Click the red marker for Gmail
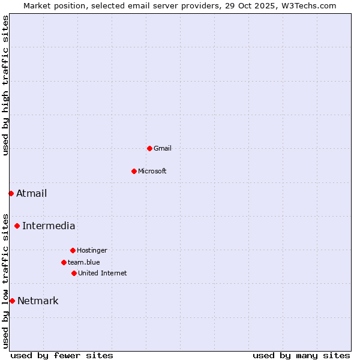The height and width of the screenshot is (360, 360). point(149,148)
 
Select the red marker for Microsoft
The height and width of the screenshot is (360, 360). point(134,171)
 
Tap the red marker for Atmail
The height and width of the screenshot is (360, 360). point(11,193)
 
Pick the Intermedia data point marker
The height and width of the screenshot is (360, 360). point(17,226)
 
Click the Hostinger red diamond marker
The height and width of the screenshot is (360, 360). point(73,250)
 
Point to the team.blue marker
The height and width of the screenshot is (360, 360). point(64,262)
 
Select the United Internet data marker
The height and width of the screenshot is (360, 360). point(74,273)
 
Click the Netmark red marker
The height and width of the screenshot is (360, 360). point(12,301)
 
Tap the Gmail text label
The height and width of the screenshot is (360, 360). point(163,148)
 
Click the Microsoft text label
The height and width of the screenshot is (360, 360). point(152,171)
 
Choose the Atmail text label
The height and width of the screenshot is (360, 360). point(32,193)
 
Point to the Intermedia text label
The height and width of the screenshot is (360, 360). point(49,226)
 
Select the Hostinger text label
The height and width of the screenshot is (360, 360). point(92,250)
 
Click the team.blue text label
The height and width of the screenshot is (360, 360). point(84,262)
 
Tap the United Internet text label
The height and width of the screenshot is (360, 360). point(103,273)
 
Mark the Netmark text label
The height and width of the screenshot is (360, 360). point(38,301)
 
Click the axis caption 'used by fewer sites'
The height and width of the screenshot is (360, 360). point(62,355)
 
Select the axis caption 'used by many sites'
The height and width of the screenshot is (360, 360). point(301,355)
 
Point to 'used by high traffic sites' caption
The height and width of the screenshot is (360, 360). point(5,85)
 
